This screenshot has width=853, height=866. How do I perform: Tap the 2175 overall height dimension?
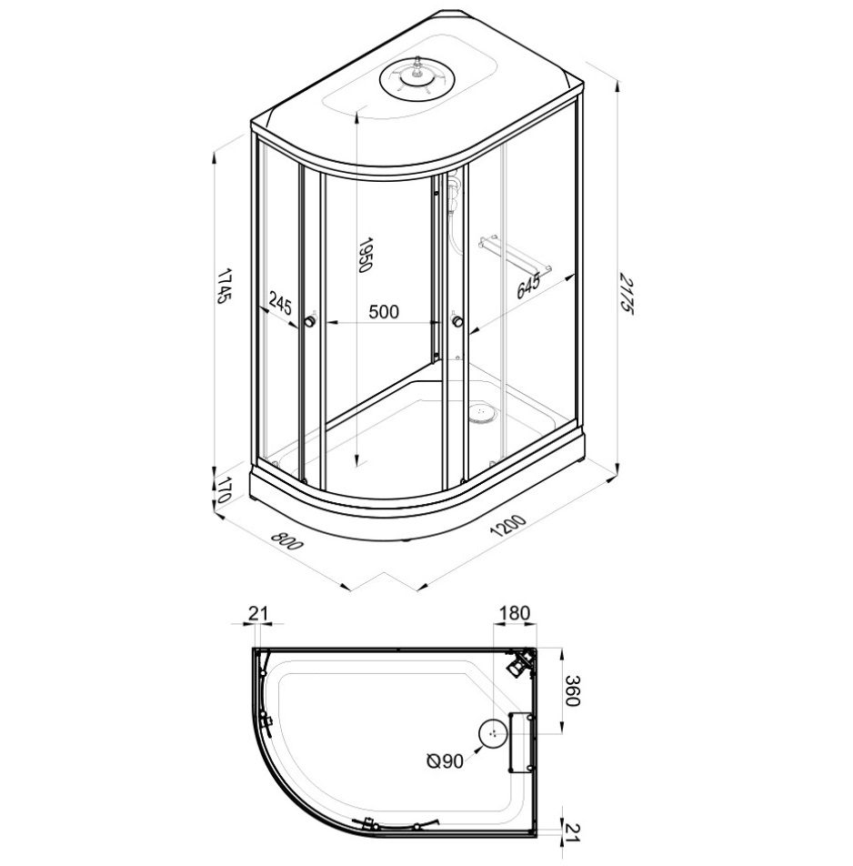pyautogui.click(x=625, y=293)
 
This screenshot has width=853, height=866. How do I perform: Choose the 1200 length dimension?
pyautogui.click(x=508, y=527)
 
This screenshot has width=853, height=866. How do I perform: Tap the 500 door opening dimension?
pyautogui.click(x=383, y=312)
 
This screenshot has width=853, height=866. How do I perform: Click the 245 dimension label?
pyautogui.click(x=280, y=303)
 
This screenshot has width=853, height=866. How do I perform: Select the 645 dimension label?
pyautogui.click(x=527, y=286)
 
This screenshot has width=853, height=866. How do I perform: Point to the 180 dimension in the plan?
pyautogui.click(x=515, y=613)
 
